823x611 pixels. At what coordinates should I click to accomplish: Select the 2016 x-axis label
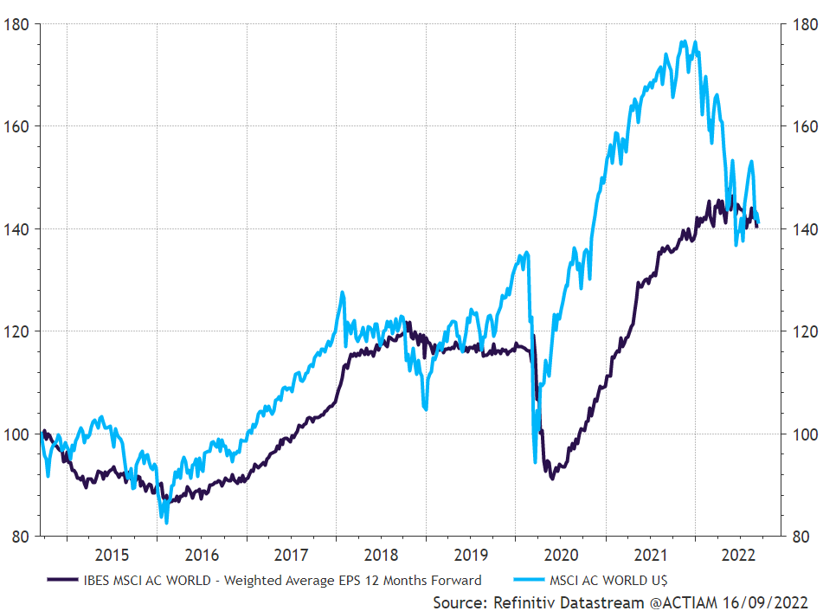[x=202, y=554]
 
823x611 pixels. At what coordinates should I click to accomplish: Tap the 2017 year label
[x=292, y=554]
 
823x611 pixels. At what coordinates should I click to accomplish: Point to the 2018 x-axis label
[x=382, y=554]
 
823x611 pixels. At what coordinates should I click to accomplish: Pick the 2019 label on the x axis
[x=472, y=554]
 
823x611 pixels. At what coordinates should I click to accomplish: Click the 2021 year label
[x=652, y=554]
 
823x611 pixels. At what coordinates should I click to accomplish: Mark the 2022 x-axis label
[x=740, y=554]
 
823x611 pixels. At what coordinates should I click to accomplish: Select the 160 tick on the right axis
[x=800, y=126]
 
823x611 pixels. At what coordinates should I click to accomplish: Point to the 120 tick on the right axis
[x=800, y=331]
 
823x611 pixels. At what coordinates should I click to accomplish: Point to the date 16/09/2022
[x=767, y=601]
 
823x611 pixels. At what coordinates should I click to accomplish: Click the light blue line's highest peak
[x=684, y=41]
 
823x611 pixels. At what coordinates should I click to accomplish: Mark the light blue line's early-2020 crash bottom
[x=535, y=461]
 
